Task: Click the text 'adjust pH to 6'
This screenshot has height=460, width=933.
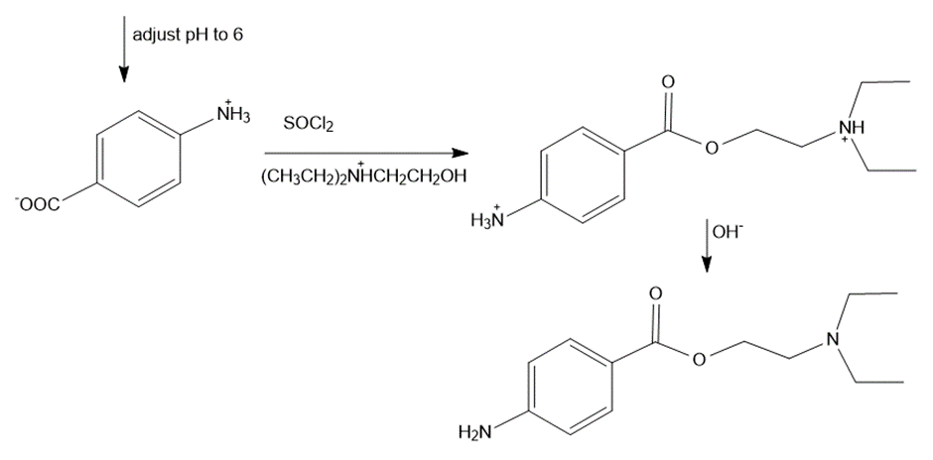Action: pyautogui.click(x=187, y=35)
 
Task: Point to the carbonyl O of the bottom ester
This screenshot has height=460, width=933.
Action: pyautogui.click(x=654, y=294)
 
